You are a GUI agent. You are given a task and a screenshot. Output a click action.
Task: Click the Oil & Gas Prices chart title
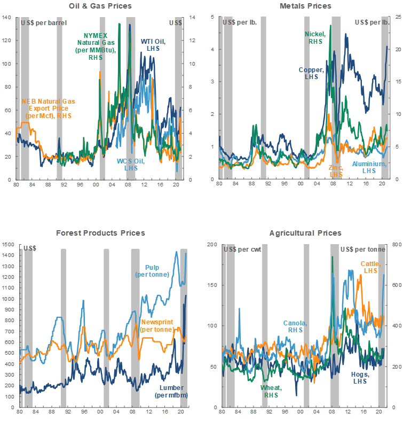click(x=100, y=6)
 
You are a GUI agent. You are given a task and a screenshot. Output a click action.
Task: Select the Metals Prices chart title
click(x=305, y=6)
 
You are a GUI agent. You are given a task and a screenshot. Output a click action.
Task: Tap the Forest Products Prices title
click(x=100, y=233)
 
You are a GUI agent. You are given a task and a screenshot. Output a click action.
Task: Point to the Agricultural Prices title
click(x=305, y=233)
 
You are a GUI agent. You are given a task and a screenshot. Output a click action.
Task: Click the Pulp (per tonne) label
click(x=153, y=271)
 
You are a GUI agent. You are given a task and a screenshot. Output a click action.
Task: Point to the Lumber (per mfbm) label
click(x=171, y=392)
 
